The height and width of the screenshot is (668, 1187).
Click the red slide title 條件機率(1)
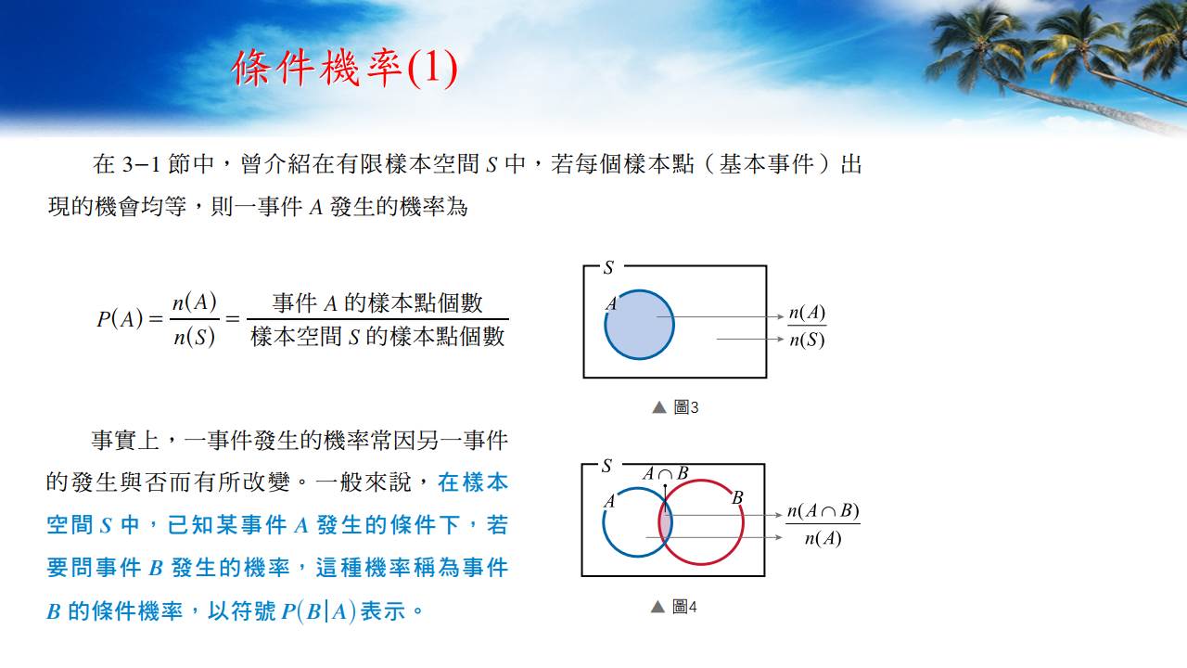pos(344,68)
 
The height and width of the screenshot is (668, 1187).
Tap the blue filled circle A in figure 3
pos(639,325)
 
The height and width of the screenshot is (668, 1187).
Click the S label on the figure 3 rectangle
pos(608,268)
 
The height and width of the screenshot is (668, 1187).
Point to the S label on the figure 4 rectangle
pos(606,466)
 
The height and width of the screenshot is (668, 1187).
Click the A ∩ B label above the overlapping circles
pos(666,473)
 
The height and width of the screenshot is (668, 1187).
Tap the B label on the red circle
pos(737,498)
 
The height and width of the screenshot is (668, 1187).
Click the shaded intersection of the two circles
pos(666,521)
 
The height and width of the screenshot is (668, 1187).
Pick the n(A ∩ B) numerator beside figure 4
pos(823,511)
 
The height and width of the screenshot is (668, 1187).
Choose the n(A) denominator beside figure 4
pos(823,539)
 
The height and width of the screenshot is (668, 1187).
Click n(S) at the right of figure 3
pos(807,340)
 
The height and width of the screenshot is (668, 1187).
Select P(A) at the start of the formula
pos(120,319)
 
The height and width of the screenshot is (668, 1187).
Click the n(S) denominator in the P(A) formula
pos(195,337)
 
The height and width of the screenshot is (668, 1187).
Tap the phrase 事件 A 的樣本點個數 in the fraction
pos(377,303)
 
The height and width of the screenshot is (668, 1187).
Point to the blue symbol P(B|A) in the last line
pos(318,611)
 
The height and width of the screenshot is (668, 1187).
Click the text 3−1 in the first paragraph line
pos(141,164)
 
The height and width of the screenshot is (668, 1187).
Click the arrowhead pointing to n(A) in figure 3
pos(780,317)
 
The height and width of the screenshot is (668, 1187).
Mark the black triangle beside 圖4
pos(657,607)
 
